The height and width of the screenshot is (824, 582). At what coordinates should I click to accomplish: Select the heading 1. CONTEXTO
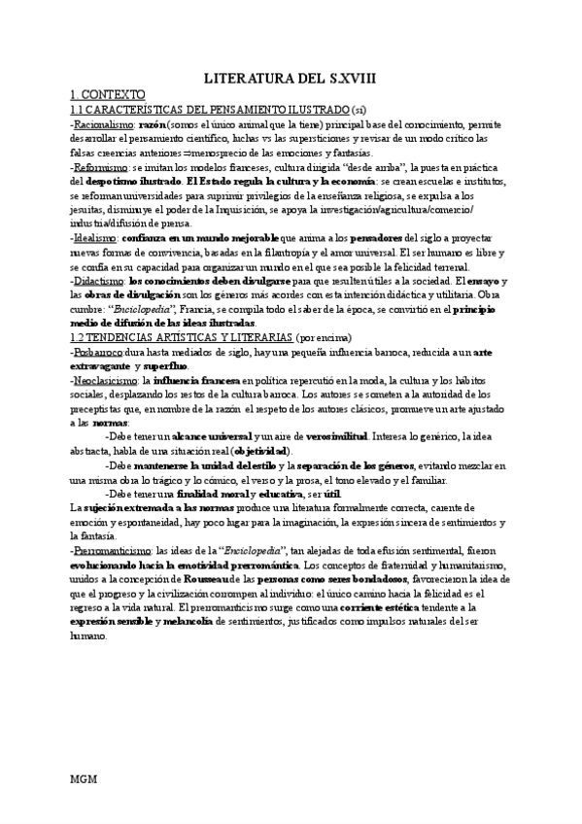(x=108, y=95)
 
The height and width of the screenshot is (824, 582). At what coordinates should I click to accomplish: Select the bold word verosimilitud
(x=342, y=436)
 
